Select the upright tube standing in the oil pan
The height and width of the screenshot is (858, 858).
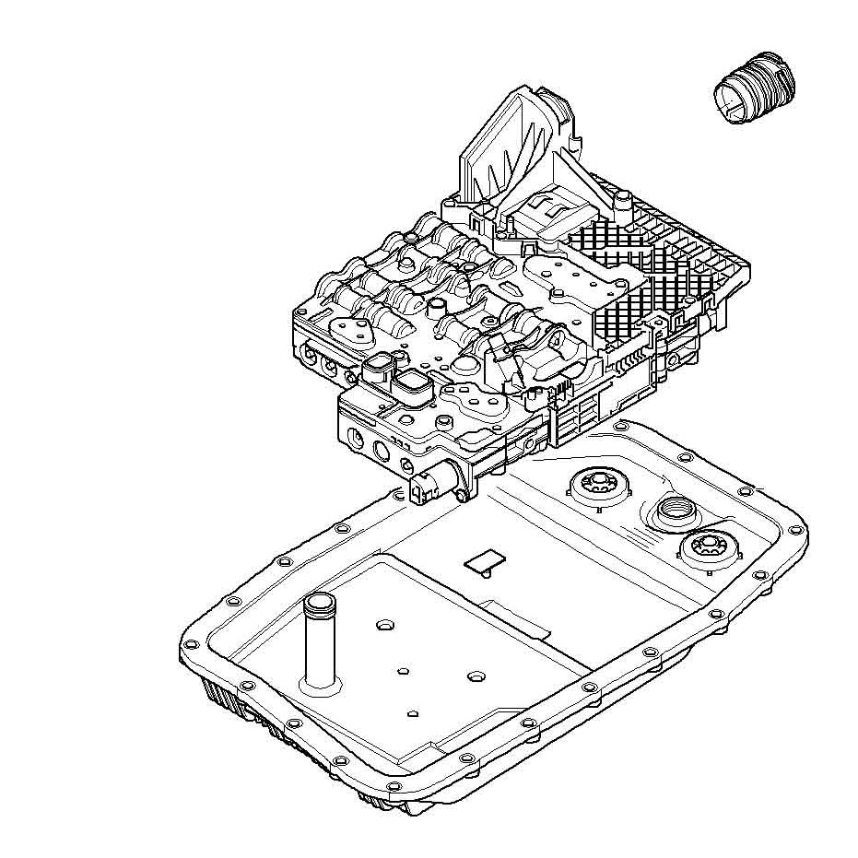point(319,644)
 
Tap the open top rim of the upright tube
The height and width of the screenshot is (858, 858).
point(319,605)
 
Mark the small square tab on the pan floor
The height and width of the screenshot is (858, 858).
point(484,561)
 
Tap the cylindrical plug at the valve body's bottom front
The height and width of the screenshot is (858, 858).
point(430,484)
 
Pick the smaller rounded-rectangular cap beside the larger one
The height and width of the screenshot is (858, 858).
point(378,370)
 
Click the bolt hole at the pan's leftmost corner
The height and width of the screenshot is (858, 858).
point(192,641)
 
